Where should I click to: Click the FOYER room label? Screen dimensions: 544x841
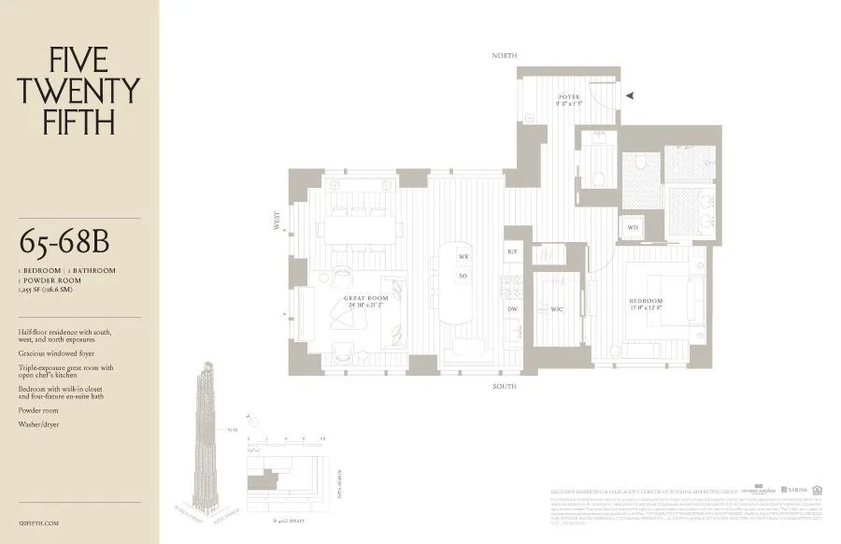[569, 96]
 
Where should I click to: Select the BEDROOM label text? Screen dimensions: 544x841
[645, 301]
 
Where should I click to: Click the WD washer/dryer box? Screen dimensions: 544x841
[633, 227]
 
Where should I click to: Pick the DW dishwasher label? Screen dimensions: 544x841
[512, 308]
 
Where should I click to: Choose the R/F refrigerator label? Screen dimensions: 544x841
[512, 252]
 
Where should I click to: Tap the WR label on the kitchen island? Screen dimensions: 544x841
[463, 256]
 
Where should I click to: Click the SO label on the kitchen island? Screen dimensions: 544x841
[463, 277]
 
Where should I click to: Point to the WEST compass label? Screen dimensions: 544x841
[277, 222]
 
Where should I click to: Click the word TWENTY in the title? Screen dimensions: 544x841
[79, 91]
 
